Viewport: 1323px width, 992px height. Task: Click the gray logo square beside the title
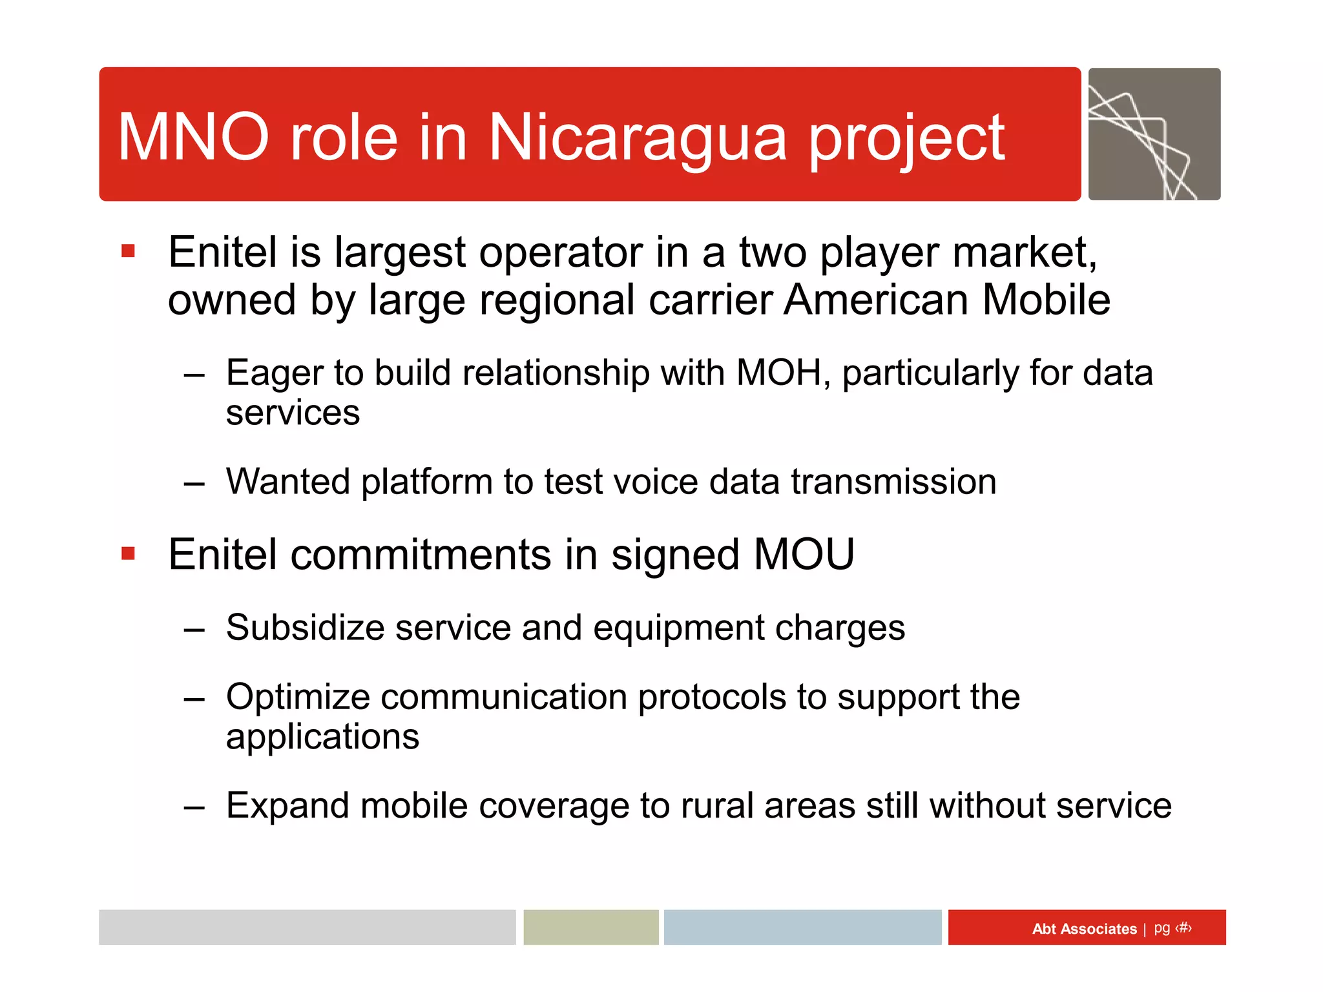point(1154,134)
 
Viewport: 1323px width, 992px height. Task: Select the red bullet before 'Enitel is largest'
point(128,251)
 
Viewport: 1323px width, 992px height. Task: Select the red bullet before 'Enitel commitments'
point(128,553)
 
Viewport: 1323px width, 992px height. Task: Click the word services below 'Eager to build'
point(293,413)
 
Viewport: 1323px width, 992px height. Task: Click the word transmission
point(893,482)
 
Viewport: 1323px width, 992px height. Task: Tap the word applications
point(322,737)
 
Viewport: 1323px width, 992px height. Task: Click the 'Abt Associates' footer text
point(1084,929)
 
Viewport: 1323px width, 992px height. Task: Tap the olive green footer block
point(590,927)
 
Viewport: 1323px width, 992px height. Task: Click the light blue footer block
point(802,927)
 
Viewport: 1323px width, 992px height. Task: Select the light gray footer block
point(307,927)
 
